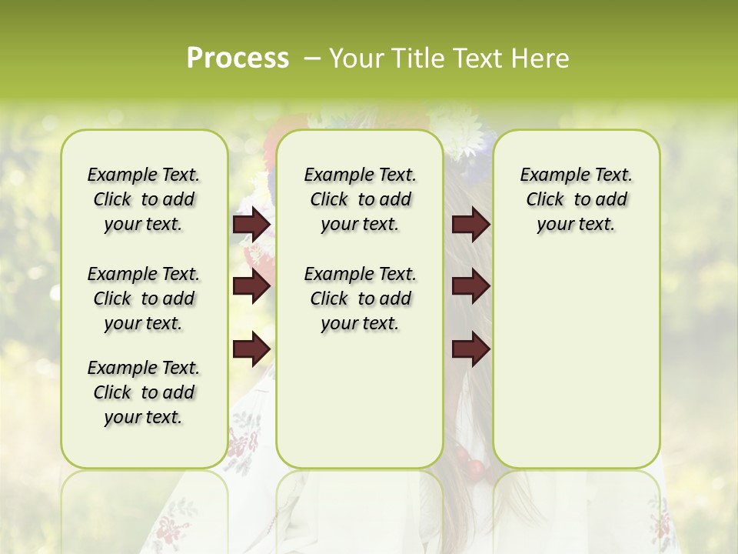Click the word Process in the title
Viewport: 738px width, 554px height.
[x=238, y=58]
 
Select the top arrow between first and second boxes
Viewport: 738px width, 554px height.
[x=251, y=225]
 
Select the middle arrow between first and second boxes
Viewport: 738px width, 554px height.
[x=251, y=287]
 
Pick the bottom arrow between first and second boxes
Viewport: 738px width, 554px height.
[x=251, y=348]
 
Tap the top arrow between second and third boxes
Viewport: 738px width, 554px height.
[x=470, y=225]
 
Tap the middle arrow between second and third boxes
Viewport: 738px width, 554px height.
[x=470, y=287]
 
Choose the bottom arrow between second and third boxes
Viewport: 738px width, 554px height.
[x=470, y=349]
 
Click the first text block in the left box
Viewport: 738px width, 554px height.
[x=143, y=199]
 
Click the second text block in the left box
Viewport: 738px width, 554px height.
[x=143, y=299]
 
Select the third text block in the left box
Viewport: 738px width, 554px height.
[x=143, y=392]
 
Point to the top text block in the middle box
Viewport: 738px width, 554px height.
[x=360, y=199]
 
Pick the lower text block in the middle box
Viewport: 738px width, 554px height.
[x=360, y=299]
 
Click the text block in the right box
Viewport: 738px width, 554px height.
[x=576, y=199]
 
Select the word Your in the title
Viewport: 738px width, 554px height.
[x=357, y=58]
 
